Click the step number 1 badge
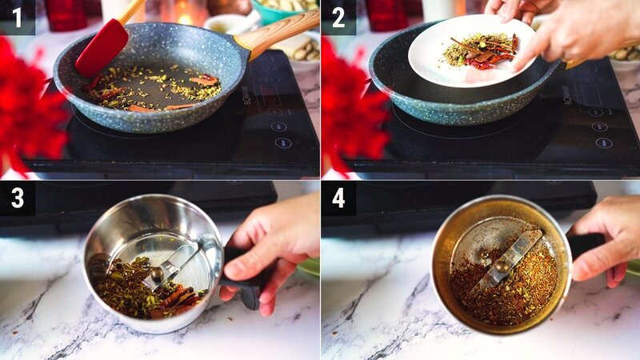17,17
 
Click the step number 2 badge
338,17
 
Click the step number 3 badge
17,198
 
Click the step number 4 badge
338,198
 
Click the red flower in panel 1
28,112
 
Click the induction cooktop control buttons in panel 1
278,126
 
